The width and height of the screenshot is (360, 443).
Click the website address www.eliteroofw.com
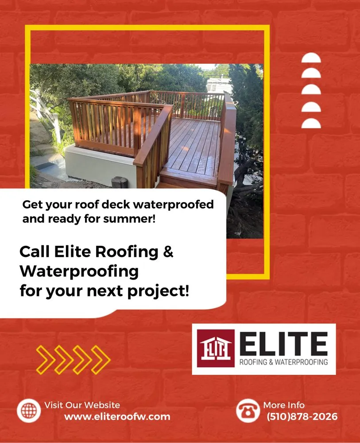click(117, 417)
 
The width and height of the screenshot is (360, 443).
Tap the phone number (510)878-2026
click(302, 417)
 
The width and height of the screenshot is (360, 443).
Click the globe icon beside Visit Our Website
click(29, 411)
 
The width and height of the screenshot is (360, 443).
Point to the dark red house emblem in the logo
click(215, 349)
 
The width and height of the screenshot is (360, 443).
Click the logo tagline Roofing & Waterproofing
click(283, 362)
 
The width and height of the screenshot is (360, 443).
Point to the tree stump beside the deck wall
click(120, 182)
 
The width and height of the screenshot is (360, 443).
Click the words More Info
click(284, 405)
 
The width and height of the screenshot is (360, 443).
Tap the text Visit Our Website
click(82, 405)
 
